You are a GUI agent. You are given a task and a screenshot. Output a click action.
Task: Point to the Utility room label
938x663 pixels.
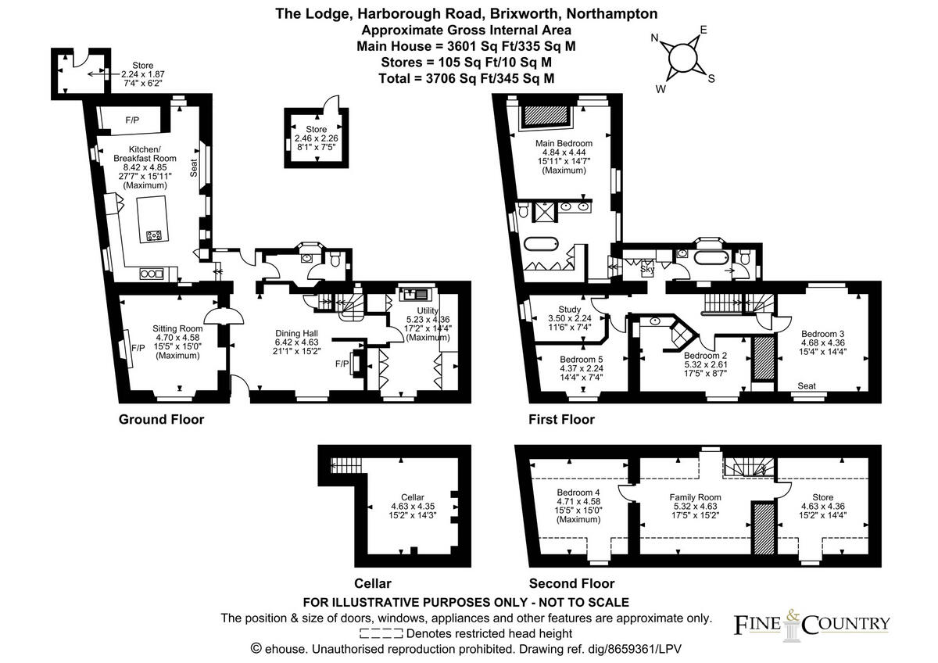(x=428, y=310)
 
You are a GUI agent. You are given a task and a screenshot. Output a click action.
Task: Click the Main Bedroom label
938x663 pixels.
(x=564, y=144)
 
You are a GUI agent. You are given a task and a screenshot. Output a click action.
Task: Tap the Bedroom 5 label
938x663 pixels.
(x=581, y=360)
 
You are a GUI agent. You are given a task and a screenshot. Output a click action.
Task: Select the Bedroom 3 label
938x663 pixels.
(x=822, y=333)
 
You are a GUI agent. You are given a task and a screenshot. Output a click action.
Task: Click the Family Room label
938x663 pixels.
(x=695, y=497)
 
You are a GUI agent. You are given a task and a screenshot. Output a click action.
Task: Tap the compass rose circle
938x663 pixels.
(x=683, y=56)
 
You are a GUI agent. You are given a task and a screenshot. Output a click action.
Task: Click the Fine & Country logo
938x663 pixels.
(x=811, y=622)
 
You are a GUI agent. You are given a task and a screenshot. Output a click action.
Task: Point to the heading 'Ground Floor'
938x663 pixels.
(x=161, y=420)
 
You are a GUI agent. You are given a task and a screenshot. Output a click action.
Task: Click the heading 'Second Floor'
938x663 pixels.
(x=571, y=583)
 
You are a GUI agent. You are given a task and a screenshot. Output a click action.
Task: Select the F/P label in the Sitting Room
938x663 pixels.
(x=138, y=348)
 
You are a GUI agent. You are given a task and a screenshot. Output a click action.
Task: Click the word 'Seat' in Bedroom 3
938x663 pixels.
(x=807, y=386)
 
